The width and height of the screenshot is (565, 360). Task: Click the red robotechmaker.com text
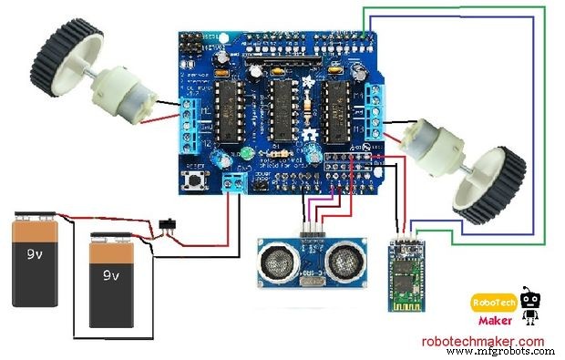point(482,342)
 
